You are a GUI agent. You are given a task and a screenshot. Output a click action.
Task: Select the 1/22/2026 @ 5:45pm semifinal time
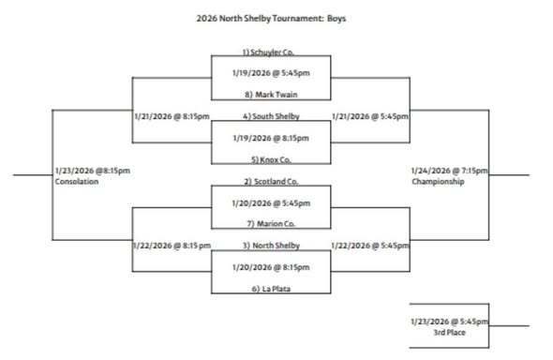[x=368, y=245]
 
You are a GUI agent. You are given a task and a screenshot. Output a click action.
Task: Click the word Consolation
[x=77, y=182]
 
